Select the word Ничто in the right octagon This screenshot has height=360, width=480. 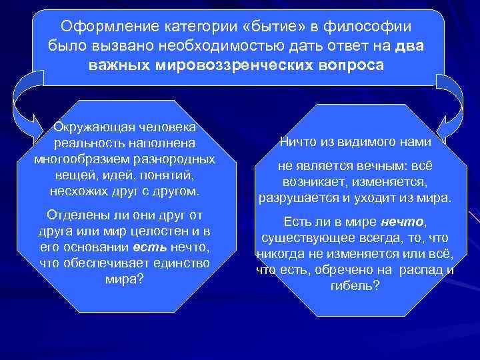pyautogui.click(x=299, y=142)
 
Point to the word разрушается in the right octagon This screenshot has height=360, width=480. pyautogui.click(x=291, y=199)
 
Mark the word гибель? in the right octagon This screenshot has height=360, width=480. pyautogui.click(x=354, y=286)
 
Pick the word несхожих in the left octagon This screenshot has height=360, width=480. pyautogui.click(x=75, y=192)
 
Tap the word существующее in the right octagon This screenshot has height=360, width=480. pyautogui.click(x=300, y=238)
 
